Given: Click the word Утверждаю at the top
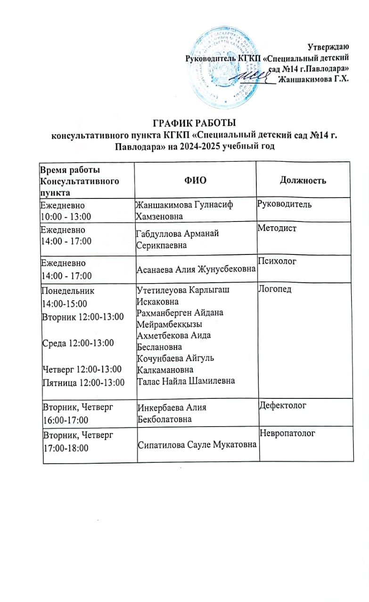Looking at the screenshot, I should [328, 47].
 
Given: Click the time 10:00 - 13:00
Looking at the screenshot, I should [66, 215].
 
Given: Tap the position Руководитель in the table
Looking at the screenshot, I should [285, 205].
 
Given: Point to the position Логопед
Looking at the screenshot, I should [276, 289].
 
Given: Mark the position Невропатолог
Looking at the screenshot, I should [287, 432].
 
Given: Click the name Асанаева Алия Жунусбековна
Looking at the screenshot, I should [196, 269].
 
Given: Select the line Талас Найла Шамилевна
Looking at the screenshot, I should [185, 381].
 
